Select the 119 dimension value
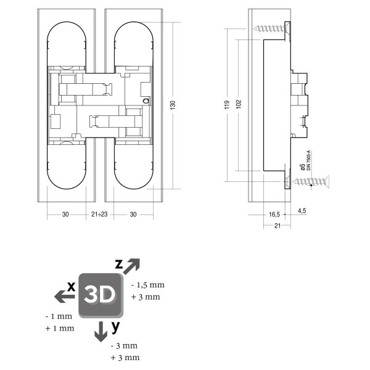pos(226,105)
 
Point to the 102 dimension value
pos(238,105)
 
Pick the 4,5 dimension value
pos(302,211)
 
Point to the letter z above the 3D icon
pos(120,264)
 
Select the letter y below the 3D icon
pos(115,325)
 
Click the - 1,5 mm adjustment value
pos(148,285)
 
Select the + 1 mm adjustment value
pos(60,328)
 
